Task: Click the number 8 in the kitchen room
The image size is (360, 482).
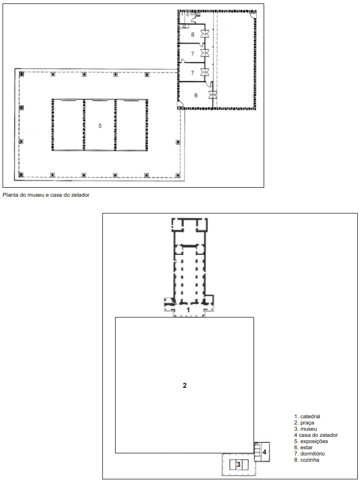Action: point(192,34)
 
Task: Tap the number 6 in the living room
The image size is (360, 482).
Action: point(196,95)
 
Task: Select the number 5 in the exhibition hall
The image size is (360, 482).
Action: point(100,126)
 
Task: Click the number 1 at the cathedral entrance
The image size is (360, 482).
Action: point(188,310)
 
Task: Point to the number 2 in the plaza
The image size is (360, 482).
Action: point(185,386)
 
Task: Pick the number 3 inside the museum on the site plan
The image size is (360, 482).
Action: point(239,465)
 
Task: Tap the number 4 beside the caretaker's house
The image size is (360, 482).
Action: point(264,452)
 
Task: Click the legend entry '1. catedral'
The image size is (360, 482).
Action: point(307,417)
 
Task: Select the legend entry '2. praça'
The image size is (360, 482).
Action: point(304,423)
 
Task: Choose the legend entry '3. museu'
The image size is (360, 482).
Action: point(305,429)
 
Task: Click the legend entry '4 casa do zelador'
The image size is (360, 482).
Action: point(316,435)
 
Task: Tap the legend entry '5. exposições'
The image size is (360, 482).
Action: point(311,441)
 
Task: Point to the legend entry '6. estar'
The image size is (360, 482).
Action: point(304,448)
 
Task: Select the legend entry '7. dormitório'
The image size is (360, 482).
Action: point(310,454)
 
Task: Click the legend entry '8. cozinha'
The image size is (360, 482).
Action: point(306,460)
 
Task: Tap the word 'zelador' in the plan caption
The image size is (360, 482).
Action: point(80,195)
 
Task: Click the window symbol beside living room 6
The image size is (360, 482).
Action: point(213,95)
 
